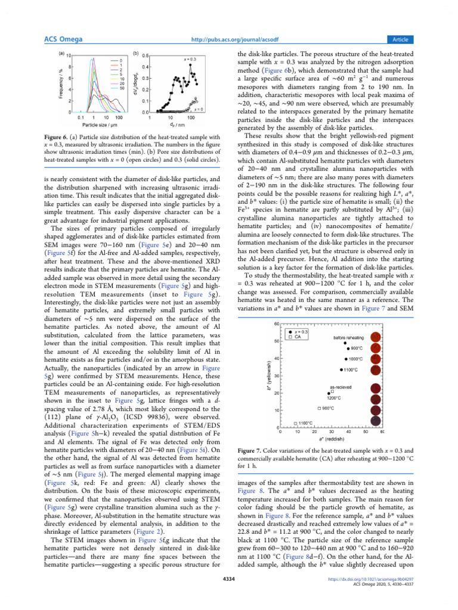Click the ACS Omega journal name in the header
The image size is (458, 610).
coord(63,39)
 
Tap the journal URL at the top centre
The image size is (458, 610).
coord(228,39)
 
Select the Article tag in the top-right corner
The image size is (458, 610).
coord(400,39)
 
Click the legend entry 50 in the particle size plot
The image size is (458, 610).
coord(121,88)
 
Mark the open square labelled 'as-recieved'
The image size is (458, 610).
coord(332,391)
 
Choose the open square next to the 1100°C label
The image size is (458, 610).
coord(296,423)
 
